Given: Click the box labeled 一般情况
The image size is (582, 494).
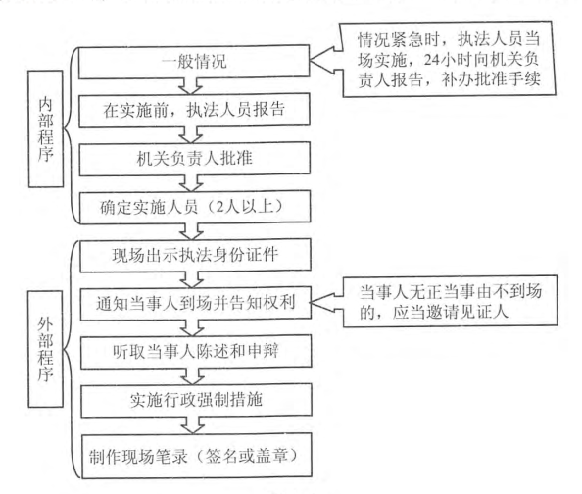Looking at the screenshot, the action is pyautogui.click(x=194, y=62).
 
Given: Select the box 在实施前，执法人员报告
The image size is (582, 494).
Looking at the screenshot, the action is pyautogui.click(x=194, y=110).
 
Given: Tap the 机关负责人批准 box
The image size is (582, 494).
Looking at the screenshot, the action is pyautogui.click(x=195, y=159).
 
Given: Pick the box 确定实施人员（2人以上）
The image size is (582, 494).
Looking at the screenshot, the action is pyautogui.click(x=195, y=207).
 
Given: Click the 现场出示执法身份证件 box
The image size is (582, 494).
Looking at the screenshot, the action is pyautogui.click(x=195, y=255).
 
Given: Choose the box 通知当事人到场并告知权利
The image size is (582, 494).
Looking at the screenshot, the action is pyautogui.click(x=196, y=303).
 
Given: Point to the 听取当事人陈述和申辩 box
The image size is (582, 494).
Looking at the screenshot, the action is pyautogui.click(x=196, y=351).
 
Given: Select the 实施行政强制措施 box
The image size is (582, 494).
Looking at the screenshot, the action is pyautogui.click(x=196, y=400).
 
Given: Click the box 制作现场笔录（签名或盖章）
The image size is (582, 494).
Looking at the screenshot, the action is pyautogui.click(x=196, y=456).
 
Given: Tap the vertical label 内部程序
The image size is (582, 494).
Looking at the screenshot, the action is pyautogui.click(x=46, y=128).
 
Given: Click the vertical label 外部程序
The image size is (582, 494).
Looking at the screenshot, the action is pyautogui.click(x=45, y=349).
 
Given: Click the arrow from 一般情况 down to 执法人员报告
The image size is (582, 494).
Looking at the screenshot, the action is pyautogui.click(x=190, y=86).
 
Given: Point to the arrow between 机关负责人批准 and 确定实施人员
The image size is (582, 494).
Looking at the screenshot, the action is pyautogui.click(x=191, y=182).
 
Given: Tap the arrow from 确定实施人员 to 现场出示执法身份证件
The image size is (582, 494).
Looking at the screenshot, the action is pyautogui.click(x=191, y=231).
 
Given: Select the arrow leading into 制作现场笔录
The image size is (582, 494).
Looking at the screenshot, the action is pyautogui.click(x=193, y=425).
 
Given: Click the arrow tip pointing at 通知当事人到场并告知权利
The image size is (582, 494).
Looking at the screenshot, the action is pyautogui.click(x=311, y=303).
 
